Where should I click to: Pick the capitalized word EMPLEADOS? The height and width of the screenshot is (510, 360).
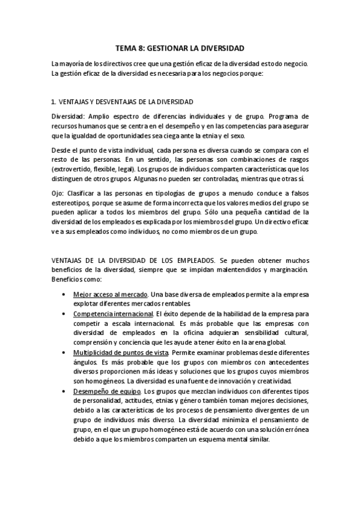tap(221, 260)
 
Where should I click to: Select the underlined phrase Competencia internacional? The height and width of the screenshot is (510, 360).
tap(112, 314)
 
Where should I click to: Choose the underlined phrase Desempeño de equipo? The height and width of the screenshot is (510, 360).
tap(106, 390)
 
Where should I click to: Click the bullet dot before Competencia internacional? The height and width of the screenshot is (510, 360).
tap(64, 314)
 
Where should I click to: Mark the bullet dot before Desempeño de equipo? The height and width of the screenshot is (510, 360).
tap(64, 390)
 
